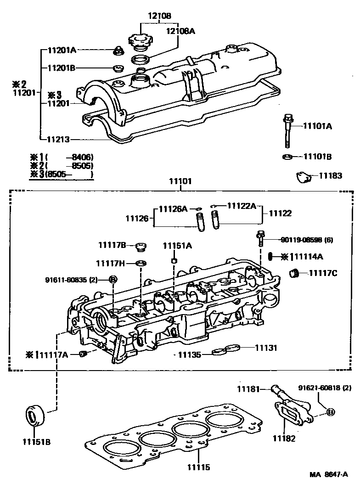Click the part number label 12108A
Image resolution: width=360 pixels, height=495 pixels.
click(x=168, y=31)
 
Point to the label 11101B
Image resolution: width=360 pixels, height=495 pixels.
click(x=317, y=157)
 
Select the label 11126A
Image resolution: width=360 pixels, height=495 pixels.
click(x=173, y=208)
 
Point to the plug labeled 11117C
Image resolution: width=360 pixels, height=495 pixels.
click(x=294, y=274)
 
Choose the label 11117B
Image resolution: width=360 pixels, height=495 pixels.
click(x=112, y=245)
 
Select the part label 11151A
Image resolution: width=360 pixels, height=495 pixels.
click(x=177, y=246)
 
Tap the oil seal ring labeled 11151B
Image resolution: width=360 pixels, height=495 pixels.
click(x=34, y=416)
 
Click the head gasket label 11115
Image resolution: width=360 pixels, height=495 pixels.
click(x=198, y=467)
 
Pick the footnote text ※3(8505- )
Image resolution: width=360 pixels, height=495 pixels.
click(x=62, y=174)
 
